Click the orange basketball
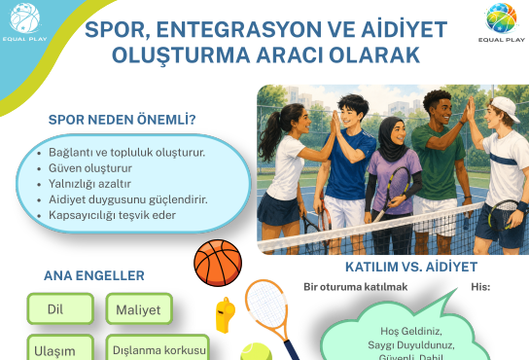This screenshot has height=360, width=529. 218,263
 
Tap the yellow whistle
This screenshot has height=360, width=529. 225,314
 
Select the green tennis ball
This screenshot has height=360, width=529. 257,352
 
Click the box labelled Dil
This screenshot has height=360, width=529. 60,309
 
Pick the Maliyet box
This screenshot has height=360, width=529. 139,309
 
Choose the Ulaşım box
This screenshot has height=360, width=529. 60,347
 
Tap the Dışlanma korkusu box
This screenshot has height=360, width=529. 158,347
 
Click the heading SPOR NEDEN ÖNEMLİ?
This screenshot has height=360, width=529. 122,120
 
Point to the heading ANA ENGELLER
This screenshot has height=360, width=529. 94,275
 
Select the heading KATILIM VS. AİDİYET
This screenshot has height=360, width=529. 411,267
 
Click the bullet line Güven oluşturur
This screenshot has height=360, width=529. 90,168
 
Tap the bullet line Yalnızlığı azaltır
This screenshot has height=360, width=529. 89,184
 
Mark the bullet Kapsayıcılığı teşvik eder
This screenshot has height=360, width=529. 112,215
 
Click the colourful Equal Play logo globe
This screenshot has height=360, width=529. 501,18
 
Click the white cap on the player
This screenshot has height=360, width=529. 506,108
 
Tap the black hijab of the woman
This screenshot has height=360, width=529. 391,138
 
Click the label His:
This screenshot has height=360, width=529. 480,287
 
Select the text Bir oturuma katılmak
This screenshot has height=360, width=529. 356,287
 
